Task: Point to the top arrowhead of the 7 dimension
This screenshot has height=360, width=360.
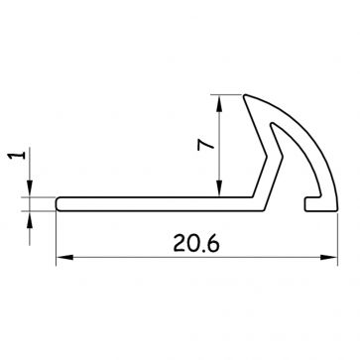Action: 218,101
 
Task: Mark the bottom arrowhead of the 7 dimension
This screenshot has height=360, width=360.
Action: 218,189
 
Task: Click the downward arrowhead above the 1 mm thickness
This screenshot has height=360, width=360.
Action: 34,189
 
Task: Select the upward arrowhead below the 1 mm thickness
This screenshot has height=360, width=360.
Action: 34,216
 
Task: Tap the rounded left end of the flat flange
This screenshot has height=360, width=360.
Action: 60,203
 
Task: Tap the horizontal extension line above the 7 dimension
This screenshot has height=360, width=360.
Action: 230,94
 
